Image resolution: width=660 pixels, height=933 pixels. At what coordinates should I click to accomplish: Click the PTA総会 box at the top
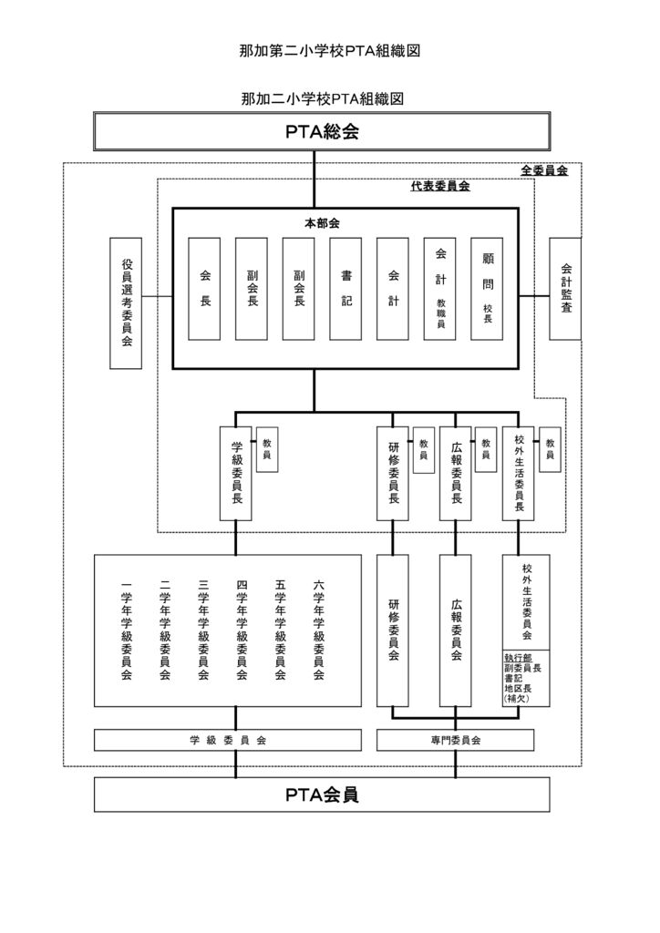point(322,131)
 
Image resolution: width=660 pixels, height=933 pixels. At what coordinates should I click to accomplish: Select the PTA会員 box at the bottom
point(322,795)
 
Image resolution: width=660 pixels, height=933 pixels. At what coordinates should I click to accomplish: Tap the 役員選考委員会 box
point(126,303)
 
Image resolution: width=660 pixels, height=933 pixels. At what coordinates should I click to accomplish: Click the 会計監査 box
point(565,289)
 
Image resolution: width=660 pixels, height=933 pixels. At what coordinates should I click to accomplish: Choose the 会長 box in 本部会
point(204,289)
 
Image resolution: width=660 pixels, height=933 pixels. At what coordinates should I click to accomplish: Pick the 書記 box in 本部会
point(345,289)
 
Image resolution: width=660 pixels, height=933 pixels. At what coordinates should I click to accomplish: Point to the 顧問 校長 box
point(487,289)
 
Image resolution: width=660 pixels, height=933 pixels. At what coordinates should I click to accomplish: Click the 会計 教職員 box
point(439,289)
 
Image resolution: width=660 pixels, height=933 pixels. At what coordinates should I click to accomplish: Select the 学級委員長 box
point(236,473)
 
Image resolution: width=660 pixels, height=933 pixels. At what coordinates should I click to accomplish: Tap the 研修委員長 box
point(393,473)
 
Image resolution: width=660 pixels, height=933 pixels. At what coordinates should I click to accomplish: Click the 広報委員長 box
point(456,473)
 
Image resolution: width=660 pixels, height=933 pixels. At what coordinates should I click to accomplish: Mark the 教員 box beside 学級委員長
point(267,449)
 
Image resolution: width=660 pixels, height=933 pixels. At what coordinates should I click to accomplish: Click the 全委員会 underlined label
point(544,171)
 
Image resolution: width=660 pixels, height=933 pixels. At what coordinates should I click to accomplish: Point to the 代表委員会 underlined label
point(439,187)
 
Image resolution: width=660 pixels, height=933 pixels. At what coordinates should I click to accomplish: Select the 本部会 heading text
point(322,223)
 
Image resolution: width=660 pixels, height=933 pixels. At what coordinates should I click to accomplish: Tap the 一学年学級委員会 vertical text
point(126,631)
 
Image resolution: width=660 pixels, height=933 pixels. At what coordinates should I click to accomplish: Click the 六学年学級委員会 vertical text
point(318,631)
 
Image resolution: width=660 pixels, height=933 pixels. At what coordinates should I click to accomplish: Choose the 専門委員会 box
point(456,741)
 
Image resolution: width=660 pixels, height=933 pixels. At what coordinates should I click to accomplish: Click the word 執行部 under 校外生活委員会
point(517,657)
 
